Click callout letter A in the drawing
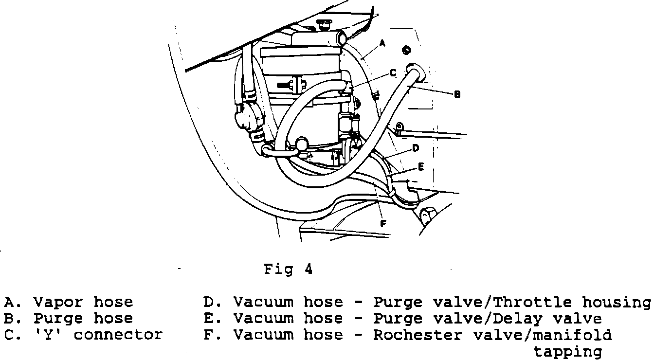[382, 44]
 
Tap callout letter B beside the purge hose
[457, 95]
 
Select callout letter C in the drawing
[393, 73]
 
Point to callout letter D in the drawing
[416, 148]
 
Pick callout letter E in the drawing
[421, 167]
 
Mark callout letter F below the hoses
[383, 224]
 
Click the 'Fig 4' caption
[288, 269]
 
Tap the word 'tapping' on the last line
[568, 352]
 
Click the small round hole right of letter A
[407, 51]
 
